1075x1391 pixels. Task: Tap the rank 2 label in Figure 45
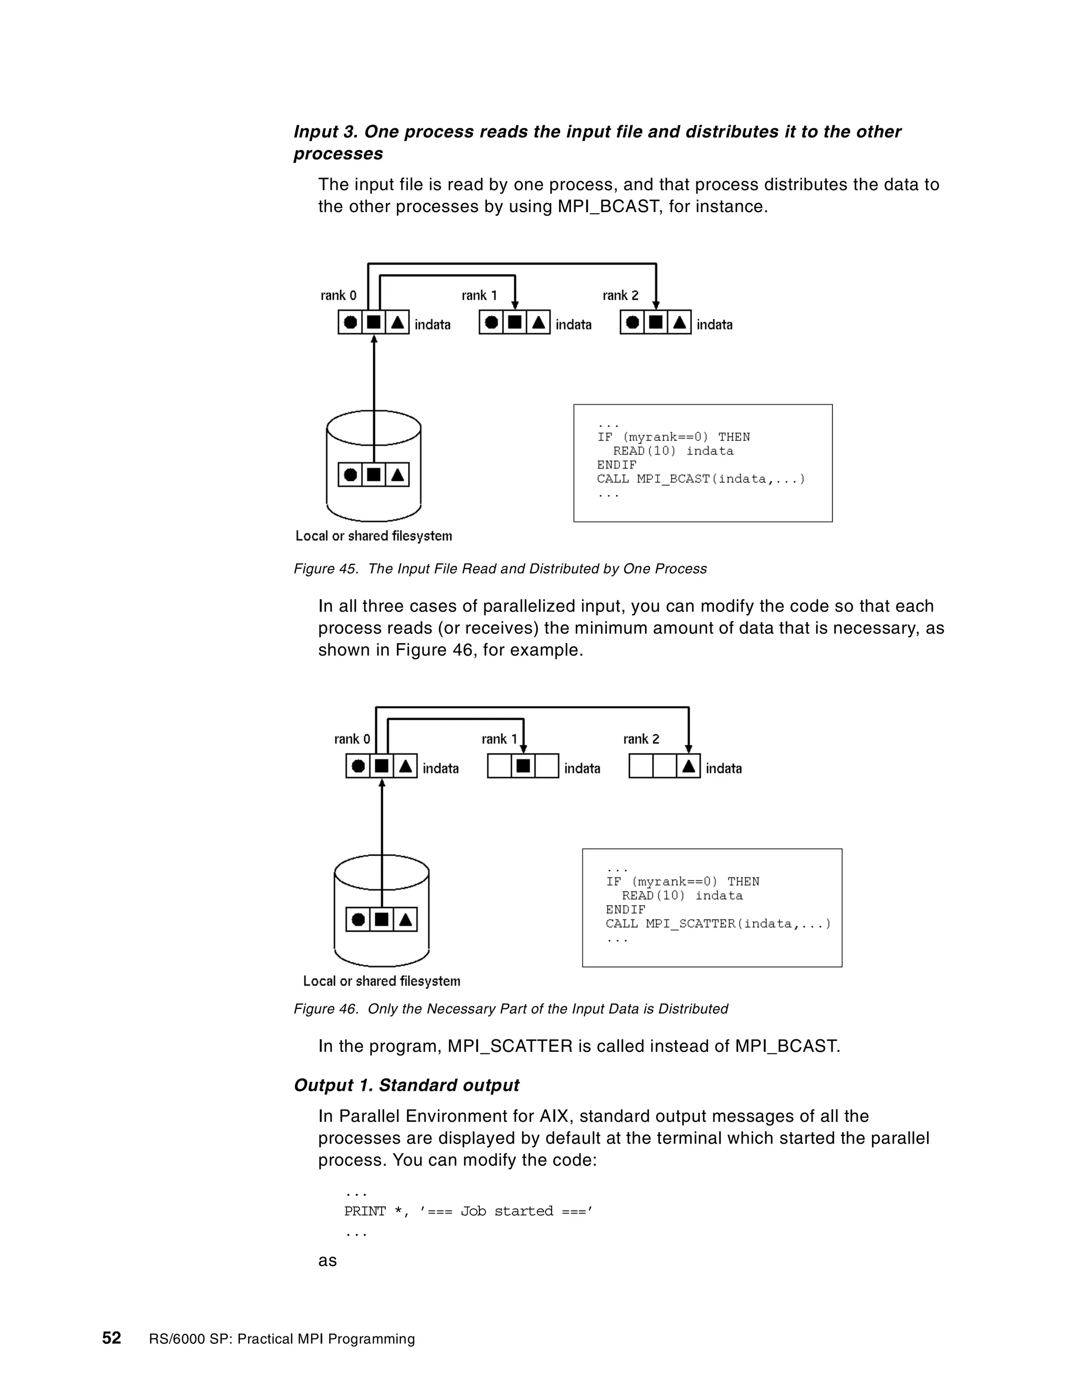(620, 296)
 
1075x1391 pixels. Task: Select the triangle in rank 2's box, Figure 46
(689, 766)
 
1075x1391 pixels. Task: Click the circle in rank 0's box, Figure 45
(350, 322)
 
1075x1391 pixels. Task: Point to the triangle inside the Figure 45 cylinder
(397, 475)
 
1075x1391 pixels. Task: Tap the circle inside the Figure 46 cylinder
(359, 919)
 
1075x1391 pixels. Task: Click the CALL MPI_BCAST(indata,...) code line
(701, 479)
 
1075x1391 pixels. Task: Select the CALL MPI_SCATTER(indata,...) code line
(718, 923)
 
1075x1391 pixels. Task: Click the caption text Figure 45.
(499, 569)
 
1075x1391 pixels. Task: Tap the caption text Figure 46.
(510, 1009)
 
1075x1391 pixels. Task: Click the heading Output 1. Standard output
(406, 1086)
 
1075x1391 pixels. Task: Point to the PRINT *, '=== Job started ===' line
(468, 1211)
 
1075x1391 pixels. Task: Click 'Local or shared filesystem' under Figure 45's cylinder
(374, 536)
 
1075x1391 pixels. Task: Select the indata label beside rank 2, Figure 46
(723, 769)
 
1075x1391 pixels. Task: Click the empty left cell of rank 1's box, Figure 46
(499, 766)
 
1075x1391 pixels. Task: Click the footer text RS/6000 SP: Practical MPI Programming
(281, 1339)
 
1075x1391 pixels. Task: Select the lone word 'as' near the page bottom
(328, 1260)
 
